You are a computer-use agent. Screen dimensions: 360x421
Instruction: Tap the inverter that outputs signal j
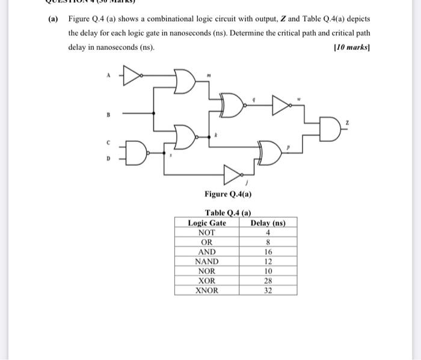[233, 174]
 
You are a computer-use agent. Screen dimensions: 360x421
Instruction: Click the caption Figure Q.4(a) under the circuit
[228, 194]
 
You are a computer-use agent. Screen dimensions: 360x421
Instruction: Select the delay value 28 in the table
[268, 281]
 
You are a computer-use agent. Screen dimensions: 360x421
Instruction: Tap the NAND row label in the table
[207, 261]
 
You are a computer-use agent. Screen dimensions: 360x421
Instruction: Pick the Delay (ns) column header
[268, 223]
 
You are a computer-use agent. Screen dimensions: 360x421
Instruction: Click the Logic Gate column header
[207, 223]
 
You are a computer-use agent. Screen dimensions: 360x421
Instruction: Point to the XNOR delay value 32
[268, 290]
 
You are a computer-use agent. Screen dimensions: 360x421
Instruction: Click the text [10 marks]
[351, 47]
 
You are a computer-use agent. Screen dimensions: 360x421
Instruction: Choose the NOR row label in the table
[207, 271]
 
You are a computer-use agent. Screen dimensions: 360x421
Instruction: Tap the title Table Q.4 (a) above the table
[228, 213]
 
